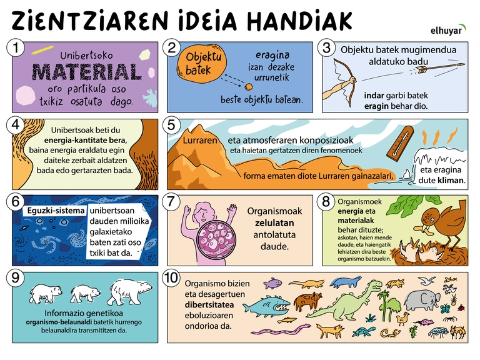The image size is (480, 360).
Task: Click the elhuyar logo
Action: tap(448, 30)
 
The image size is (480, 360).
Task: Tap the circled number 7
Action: tap(171, 202)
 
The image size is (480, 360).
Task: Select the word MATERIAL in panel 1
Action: tap(87, 72)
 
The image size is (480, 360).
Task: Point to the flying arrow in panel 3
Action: tap(437, 67)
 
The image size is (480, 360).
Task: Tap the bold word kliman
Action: tap(451, 180)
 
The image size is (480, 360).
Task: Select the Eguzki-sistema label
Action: tap(56, 211)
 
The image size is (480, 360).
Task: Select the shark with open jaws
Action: tap(266, 306)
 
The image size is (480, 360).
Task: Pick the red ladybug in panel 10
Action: tap(461, 307)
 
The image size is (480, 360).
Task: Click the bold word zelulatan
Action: tap(274, 223)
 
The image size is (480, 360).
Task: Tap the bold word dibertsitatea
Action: tap(209, 305)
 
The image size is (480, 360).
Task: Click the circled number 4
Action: tap(16, 125)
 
